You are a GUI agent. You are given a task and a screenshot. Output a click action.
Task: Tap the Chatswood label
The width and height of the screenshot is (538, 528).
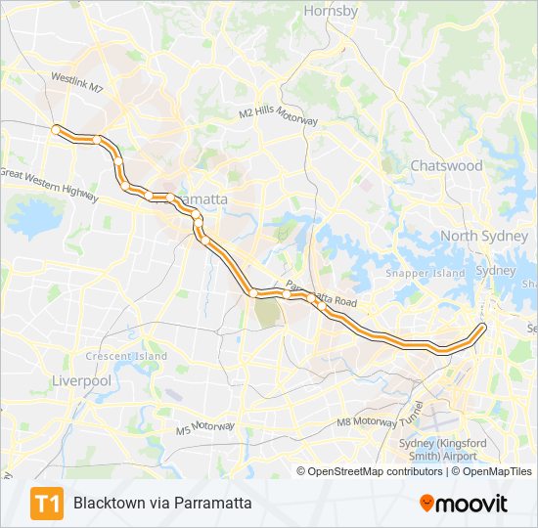[446, 165]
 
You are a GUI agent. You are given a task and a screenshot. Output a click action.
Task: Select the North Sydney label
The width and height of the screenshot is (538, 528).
[483, 236]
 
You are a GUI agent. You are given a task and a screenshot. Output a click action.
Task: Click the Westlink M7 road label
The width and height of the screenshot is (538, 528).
[77, 81]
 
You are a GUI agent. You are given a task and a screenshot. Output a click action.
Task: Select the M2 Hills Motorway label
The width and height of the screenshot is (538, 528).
[279, 115]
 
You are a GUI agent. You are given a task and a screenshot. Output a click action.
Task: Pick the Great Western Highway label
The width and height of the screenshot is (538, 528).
[49, 182]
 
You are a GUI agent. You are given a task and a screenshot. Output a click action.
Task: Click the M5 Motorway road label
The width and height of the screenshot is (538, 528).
[205, 427]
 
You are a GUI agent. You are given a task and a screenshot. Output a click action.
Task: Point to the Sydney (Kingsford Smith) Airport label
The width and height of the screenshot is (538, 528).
[443, 450]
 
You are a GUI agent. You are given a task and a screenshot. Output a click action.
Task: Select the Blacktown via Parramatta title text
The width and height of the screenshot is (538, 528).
[162, 504]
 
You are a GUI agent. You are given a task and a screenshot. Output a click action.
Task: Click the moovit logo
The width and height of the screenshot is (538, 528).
[464, 504]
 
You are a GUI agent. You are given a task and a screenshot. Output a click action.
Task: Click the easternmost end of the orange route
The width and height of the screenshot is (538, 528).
[483, 327]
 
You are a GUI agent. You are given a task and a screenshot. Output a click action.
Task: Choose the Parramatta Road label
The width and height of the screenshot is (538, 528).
[322, 298]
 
